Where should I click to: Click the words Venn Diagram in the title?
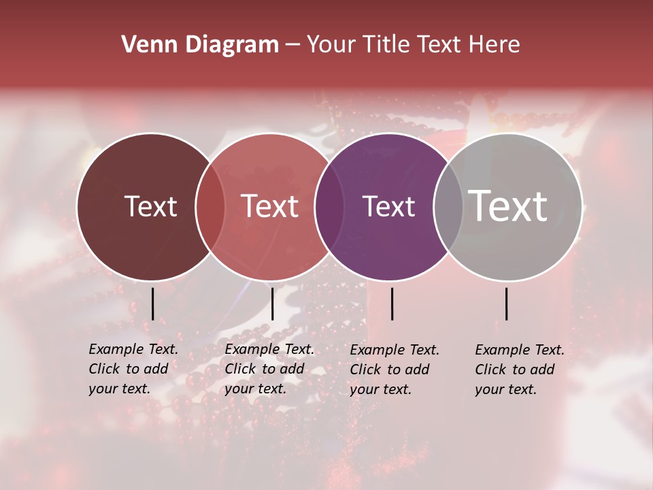click(200, 45)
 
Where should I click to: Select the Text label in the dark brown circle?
click(150, 206)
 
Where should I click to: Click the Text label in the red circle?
click(270, 206)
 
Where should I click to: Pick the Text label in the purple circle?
click(389, 206)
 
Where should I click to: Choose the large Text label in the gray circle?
click(508, 206)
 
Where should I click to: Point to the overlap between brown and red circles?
click(210, 206)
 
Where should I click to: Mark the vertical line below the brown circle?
click(152, 304)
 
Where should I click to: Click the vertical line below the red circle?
click(272, 304)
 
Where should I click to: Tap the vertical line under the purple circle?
click(392, 304)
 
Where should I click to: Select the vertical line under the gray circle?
click(507, 304)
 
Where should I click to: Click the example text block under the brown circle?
click(133, 369)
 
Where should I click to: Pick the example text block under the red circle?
click(269, 369)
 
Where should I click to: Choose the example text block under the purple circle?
click(394, 370)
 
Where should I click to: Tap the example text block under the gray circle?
click(519, 370)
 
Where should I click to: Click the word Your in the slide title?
click(331, 45)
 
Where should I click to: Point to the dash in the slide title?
click(292, 46)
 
